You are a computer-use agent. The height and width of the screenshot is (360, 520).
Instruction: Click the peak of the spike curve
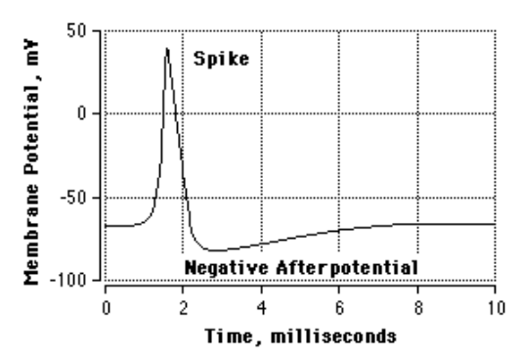[167, 48]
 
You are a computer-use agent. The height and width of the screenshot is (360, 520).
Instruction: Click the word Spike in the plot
[221, 58]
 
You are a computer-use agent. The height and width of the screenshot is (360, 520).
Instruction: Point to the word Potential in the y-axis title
[31, 132]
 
